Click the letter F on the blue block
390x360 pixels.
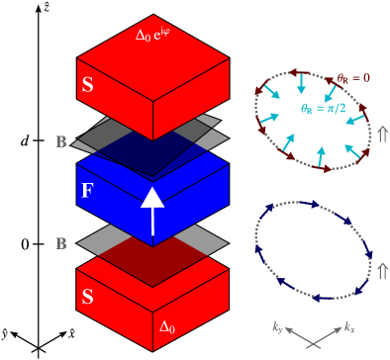click(x=87, y=191)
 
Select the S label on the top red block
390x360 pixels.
click(x=87, y=86)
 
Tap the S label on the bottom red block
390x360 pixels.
click(x=87, y=297)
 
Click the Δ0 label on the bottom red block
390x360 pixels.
click(x=168, y=325)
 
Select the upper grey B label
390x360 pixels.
click(x=61, y=142)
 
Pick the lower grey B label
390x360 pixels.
click(x=61, y=243)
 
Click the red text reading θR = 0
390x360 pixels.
click(x=353, y=77)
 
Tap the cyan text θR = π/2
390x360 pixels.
click(x=324, y=109)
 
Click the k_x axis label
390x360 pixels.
click(x=350, y=327)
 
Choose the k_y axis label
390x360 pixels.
click(x=278, y=327)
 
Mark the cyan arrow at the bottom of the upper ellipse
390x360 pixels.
click(x=320, y=155)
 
